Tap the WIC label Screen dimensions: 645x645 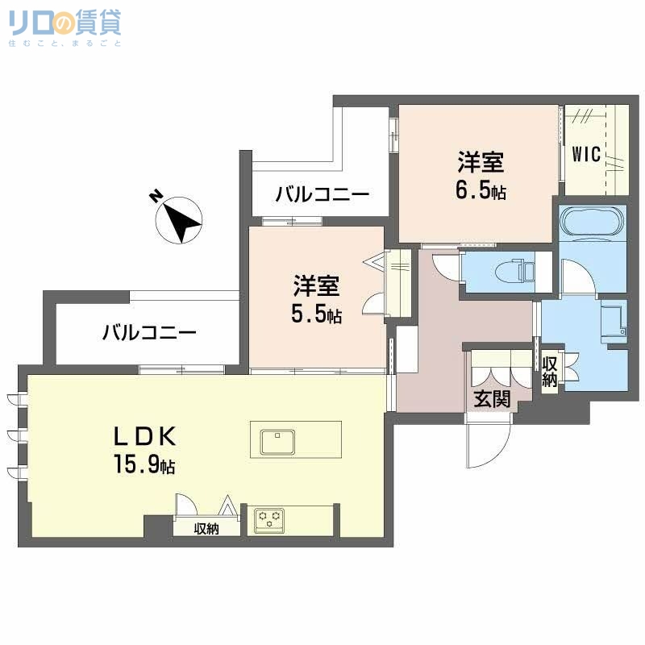[x=586, y=154]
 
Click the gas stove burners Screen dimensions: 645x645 [x=269, y=519]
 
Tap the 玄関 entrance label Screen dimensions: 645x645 [x=491, y=397]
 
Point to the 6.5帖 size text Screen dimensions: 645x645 [x=481, y=192]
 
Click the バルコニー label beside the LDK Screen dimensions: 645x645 [x=149, y=332]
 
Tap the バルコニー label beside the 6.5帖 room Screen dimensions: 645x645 [x=322, y=194]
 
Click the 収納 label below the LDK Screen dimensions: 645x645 [x=206, y=529]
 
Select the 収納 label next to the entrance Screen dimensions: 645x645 [x=550, y=372]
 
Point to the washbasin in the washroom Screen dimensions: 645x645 [x=614, y=319]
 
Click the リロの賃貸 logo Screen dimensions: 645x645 [x=65, y=29]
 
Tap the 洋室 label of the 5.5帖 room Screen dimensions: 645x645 [x=316, y=286]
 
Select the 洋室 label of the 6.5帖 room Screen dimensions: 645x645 [x=481, y=163]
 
